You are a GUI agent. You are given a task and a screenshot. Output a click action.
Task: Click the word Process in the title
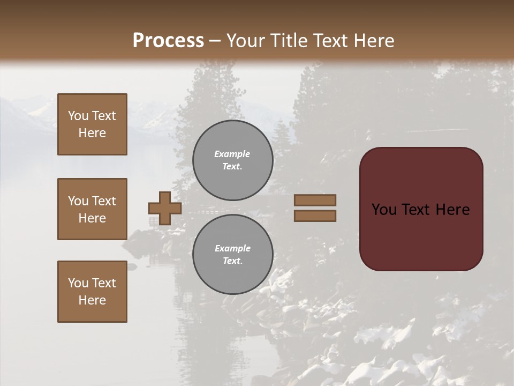(168, 41)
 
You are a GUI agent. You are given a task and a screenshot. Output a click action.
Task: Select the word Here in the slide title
(374, 41)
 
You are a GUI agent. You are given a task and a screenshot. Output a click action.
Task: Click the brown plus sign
(165, 208)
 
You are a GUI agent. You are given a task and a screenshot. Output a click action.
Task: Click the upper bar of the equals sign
(315, 200)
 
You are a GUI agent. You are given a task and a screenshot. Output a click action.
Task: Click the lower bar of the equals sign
(315, 216)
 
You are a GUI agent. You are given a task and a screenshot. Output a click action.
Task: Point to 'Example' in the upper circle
(232, 154)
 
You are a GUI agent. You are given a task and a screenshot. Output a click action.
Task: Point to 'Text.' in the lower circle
(232, 261)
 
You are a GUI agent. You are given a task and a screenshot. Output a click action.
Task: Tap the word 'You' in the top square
(78, 116)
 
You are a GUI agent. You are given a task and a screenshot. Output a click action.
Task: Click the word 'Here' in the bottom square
(92, 300)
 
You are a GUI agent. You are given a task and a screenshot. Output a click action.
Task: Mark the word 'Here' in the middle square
(92, 218)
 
